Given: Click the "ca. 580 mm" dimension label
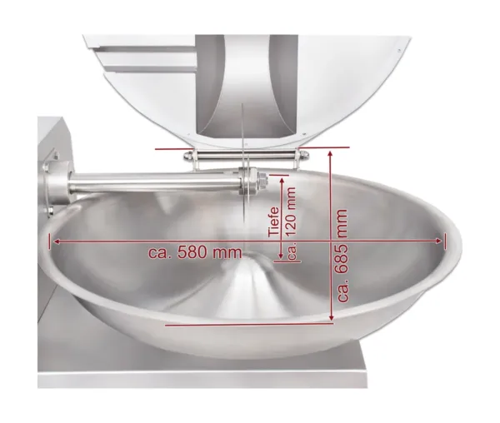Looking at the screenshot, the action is (x=195, y=252).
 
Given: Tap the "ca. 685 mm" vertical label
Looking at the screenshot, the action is (x=342, y=256).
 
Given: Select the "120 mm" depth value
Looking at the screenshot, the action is (x=292, y=211).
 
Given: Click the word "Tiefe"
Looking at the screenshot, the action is (x=273, y=222).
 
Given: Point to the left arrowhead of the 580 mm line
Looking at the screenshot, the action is (x=57, y=241).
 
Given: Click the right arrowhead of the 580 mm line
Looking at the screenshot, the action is (x=439, y=241).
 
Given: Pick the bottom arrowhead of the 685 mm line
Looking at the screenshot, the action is (x=332, y=317).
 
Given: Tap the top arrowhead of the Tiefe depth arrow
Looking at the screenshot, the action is (x=282, y=181).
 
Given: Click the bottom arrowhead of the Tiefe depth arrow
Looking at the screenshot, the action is (x=281, y=256).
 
